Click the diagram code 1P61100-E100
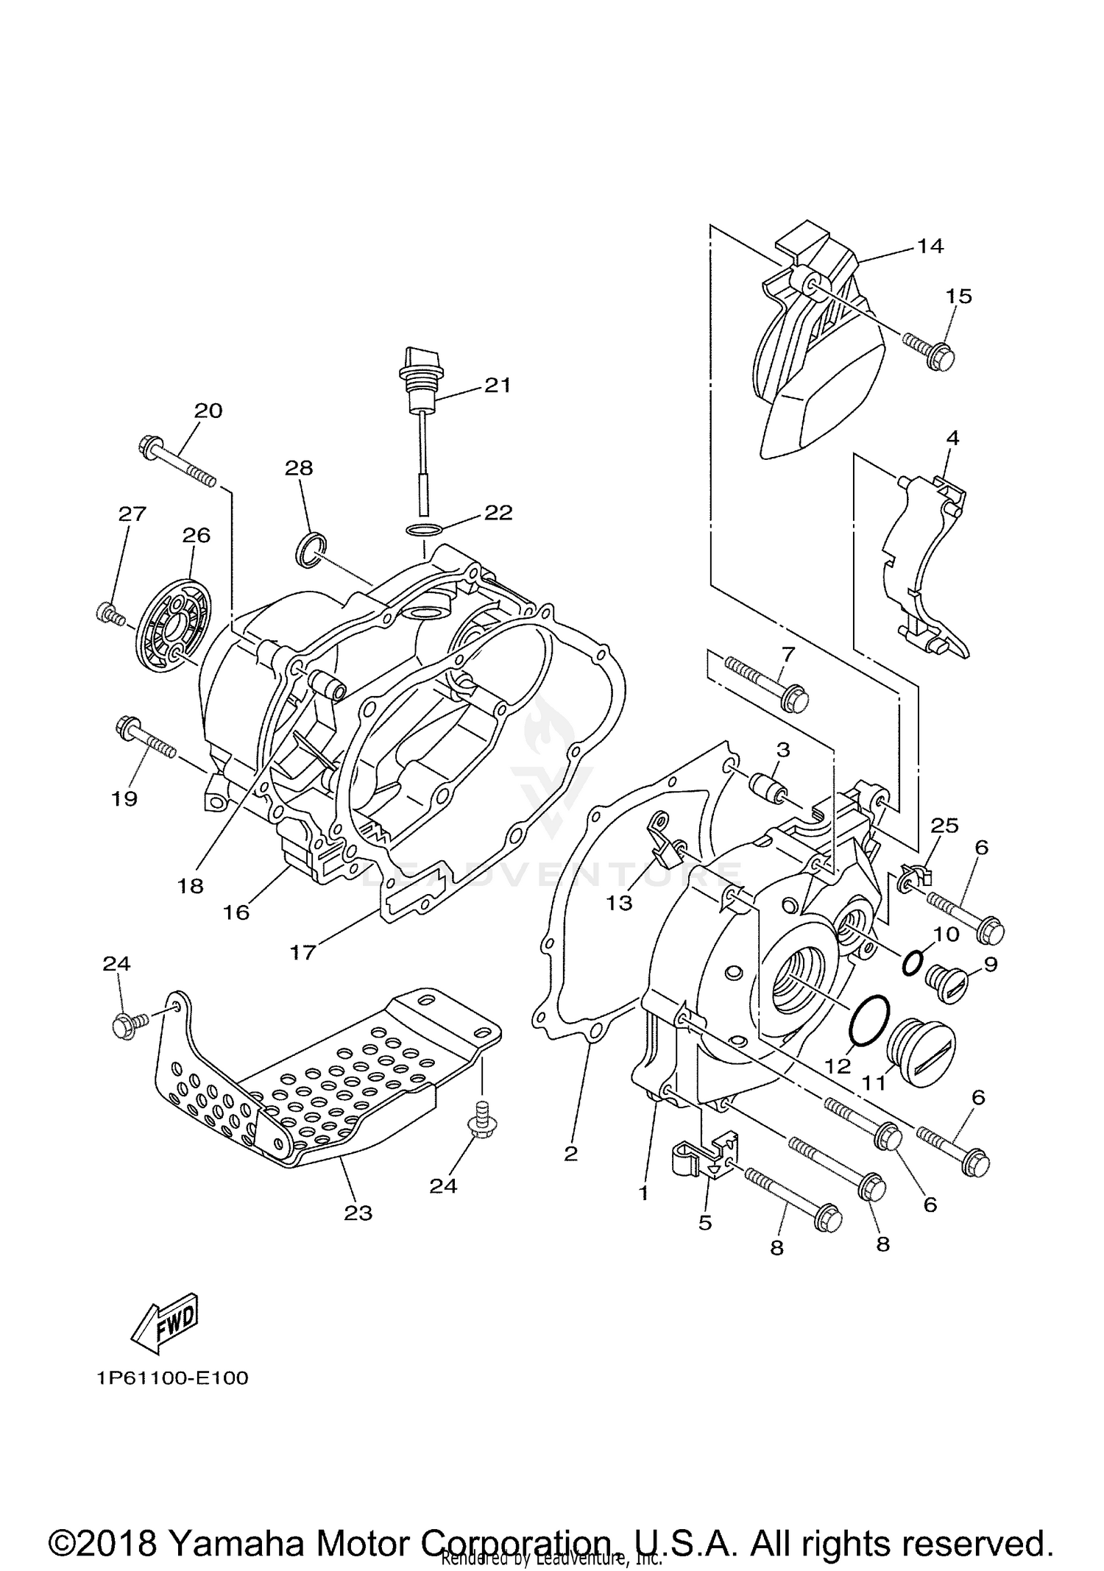[x=171, y=1377]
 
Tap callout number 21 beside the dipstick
[x=497, y=385]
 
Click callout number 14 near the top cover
[x=930, y=246]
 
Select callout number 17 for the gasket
[x=302, y=952]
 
